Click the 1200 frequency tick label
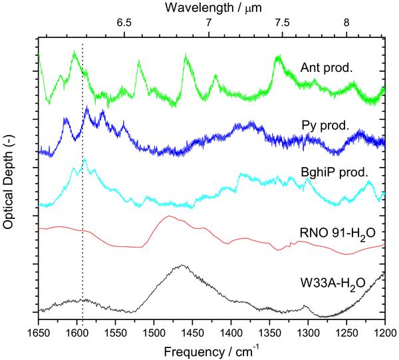coord(384,330)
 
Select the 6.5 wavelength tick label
coord(124,23)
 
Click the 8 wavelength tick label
coord(346,23)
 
